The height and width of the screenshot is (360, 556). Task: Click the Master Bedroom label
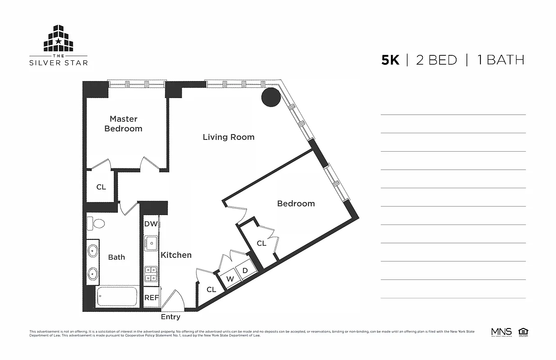(x=123, y=124)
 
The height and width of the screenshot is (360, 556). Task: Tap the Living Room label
(x=229, y=137)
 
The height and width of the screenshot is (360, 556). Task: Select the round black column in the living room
(x=271, y=97)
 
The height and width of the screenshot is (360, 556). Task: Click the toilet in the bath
(x=96, y=223)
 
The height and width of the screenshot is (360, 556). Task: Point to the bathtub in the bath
(x=117, y=297)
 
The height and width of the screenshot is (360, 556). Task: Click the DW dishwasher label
(x=151, y=224)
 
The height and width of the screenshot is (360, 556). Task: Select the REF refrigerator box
(x=151, y=298)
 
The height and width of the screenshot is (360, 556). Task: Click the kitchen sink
(x=151, y=243)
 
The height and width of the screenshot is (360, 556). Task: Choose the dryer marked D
(x=245, y=270)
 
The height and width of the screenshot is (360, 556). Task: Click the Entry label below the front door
(x=170, y=317)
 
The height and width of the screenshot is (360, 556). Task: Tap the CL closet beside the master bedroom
(x=101, y=187)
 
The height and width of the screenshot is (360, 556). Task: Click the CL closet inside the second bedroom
(x=261, y=243)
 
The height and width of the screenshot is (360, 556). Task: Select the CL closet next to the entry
(x=211, y=289)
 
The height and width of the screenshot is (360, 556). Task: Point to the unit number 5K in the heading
(x=390, y=60)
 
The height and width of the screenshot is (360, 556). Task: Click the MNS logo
(x=501, y=333)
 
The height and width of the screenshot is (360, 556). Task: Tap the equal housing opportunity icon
(x=523, y=333)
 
